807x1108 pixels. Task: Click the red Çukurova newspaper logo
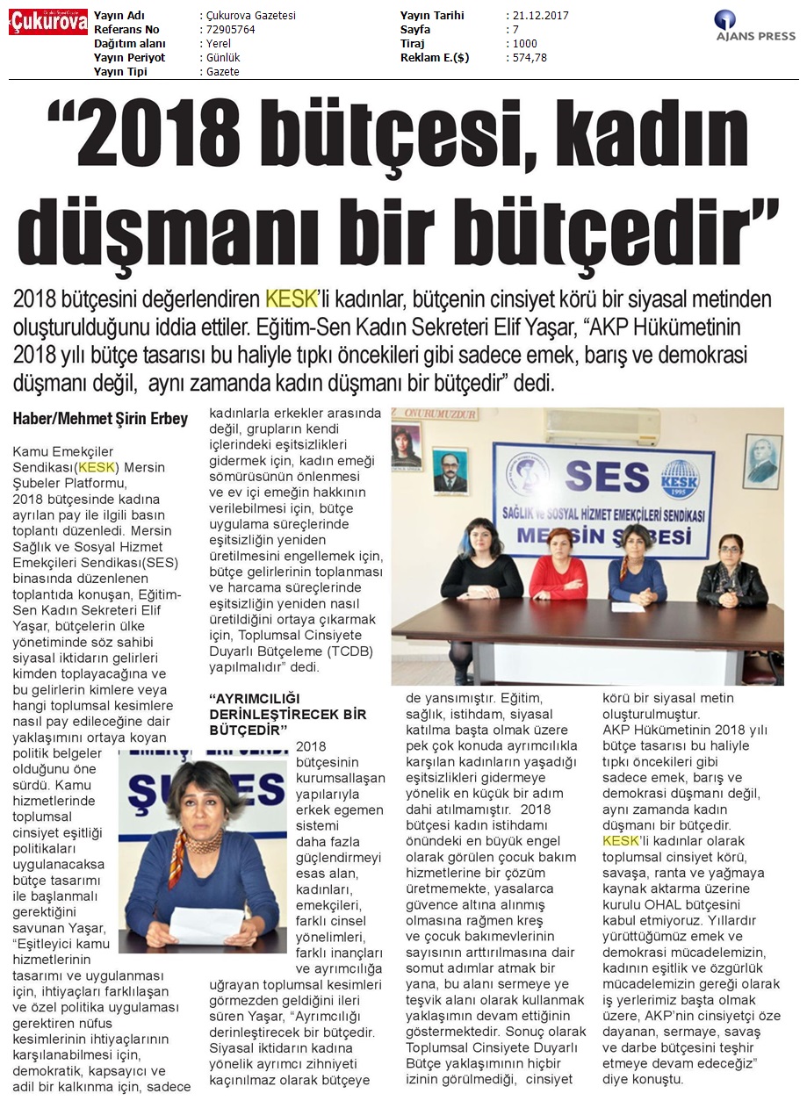48,22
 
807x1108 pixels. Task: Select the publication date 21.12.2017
537,16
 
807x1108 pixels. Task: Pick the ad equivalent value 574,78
530,58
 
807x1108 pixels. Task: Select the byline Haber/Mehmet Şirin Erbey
100,419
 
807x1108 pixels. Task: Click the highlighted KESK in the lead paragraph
291,299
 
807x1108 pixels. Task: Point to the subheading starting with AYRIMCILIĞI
288,714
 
